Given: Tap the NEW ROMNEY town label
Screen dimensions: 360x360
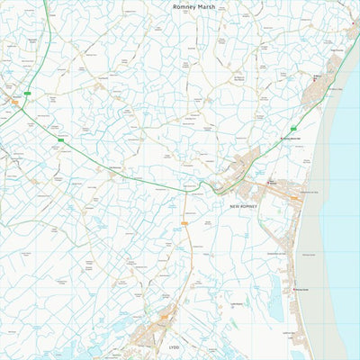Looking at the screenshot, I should (x=243, y=206).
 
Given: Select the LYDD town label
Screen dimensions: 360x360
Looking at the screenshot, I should (x=175, y=346).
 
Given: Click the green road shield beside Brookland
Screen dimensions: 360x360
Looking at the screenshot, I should (x=29, y=93).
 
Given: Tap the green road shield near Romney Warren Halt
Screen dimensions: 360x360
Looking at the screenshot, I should (x=295, y=128).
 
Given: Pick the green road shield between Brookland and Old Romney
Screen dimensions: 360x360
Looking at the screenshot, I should (x=61, y=139).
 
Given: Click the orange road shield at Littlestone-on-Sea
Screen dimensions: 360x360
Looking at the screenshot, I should (x=294, y=197).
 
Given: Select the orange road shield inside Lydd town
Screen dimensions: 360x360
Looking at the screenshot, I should (x=164, y=317).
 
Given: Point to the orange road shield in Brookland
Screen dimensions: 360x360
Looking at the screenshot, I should (x=14, y=103).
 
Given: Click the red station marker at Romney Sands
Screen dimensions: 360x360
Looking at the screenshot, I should (x=294, y=290).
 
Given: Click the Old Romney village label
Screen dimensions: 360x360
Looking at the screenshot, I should (x=115, y=167).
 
